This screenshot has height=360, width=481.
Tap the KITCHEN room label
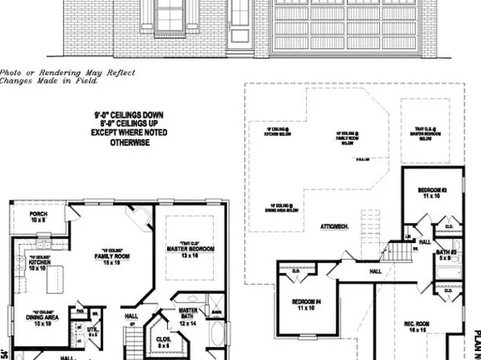pos(39,264)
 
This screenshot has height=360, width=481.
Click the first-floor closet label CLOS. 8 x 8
pos(163,342)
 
